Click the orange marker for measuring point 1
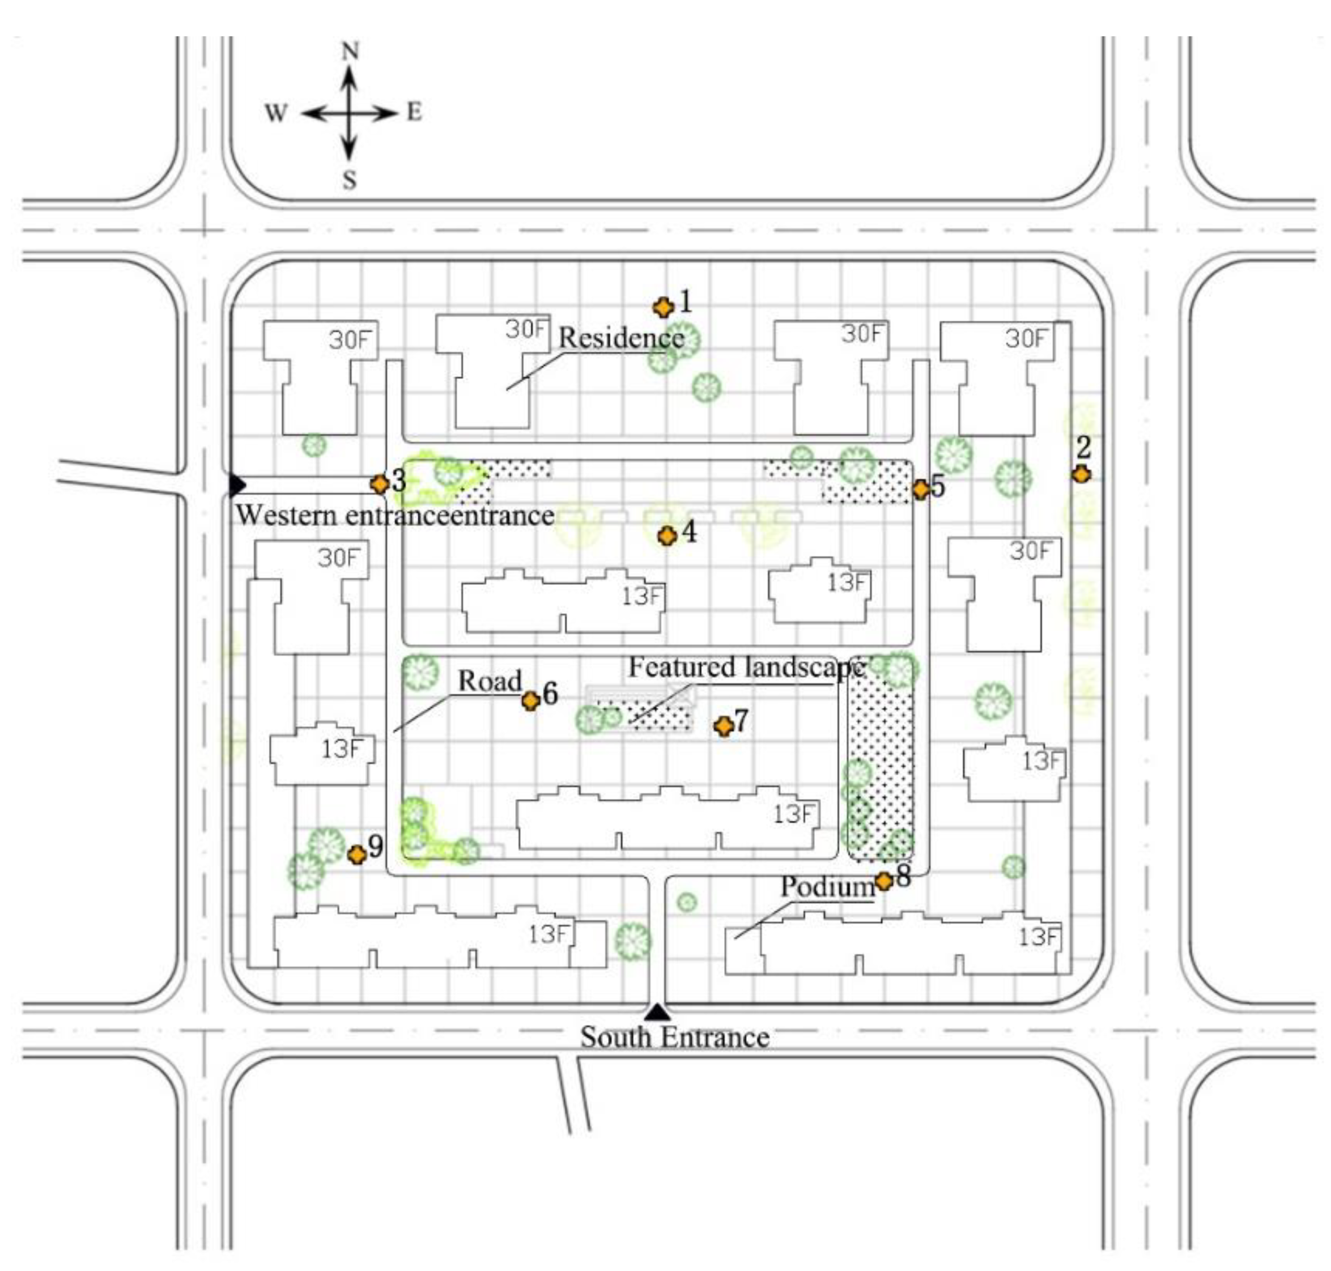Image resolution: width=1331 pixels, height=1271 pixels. pos(663,307)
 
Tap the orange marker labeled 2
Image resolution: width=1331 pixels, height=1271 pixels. pos(1081,474)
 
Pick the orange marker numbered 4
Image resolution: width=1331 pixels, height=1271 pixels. pos(667,536)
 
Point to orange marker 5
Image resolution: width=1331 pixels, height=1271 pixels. pos(920,489)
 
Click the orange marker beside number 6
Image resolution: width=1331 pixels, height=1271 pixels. pos(530,700)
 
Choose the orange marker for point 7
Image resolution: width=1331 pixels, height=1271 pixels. pos(724,726)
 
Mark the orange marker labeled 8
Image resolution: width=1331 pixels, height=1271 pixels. pos(883,881)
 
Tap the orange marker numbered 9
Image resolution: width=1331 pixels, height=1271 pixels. pos(357,855)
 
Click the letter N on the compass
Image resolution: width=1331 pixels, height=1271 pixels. pos(350,52)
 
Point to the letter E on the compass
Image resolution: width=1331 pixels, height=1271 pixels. pos(414,112)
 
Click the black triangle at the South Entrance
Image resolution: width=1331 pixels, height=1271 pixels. pos(656,1012)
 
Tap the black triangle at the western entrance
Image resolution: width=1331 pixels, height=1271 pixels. pos(237,484)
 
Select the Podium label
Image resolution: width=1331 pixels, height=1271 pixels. pos(828,887)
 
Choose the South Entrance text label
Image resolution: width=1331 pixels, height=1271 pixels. pos(675,1038)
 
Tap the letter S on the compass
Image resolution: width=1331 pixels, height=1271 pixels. pos(349,180)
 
